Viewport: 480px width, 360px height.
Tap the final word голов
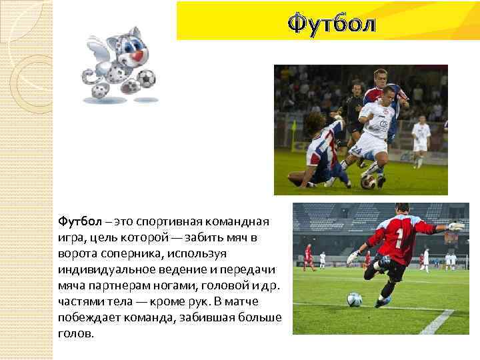point(76,333)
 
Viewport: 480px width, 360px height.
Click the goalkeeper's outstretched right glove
point(457,227)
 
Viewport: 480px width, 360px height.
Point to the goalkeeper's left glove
point(352,257)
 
